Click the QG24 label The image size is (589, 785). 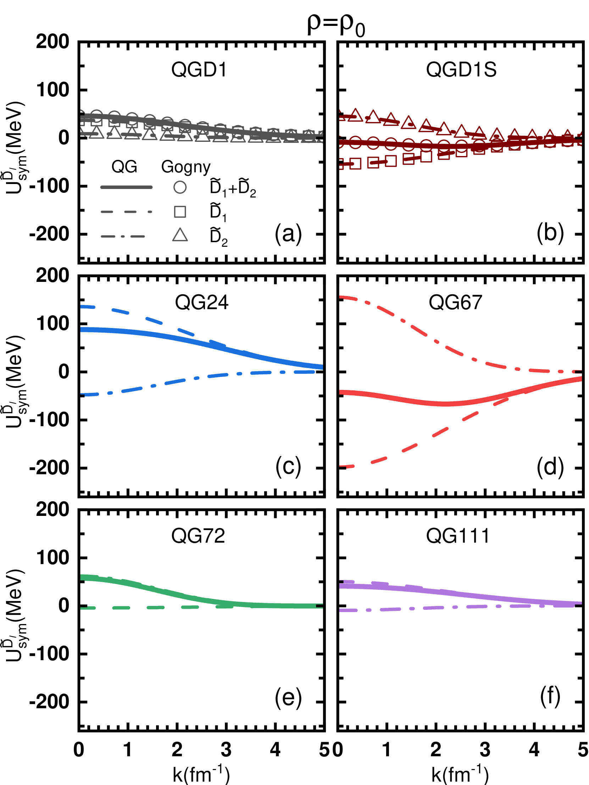coord(202,302)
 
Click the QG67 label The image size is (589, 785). coord(456,302)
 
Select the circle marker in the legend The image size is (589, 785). coord(180,187)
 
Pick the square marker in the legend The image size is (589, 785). coord(180,212)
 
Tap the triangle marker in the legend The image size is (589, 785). coord(180,235)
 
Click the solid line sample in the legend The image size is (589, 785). coord(126,187)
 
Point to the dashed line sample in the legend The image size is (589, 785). coord(126,212)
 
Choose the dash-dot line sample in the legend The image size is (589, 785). coord(123,236)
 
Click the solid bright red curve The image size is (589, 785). coord(408,401)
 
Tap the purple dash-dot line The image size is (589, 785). coord(390,609)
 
